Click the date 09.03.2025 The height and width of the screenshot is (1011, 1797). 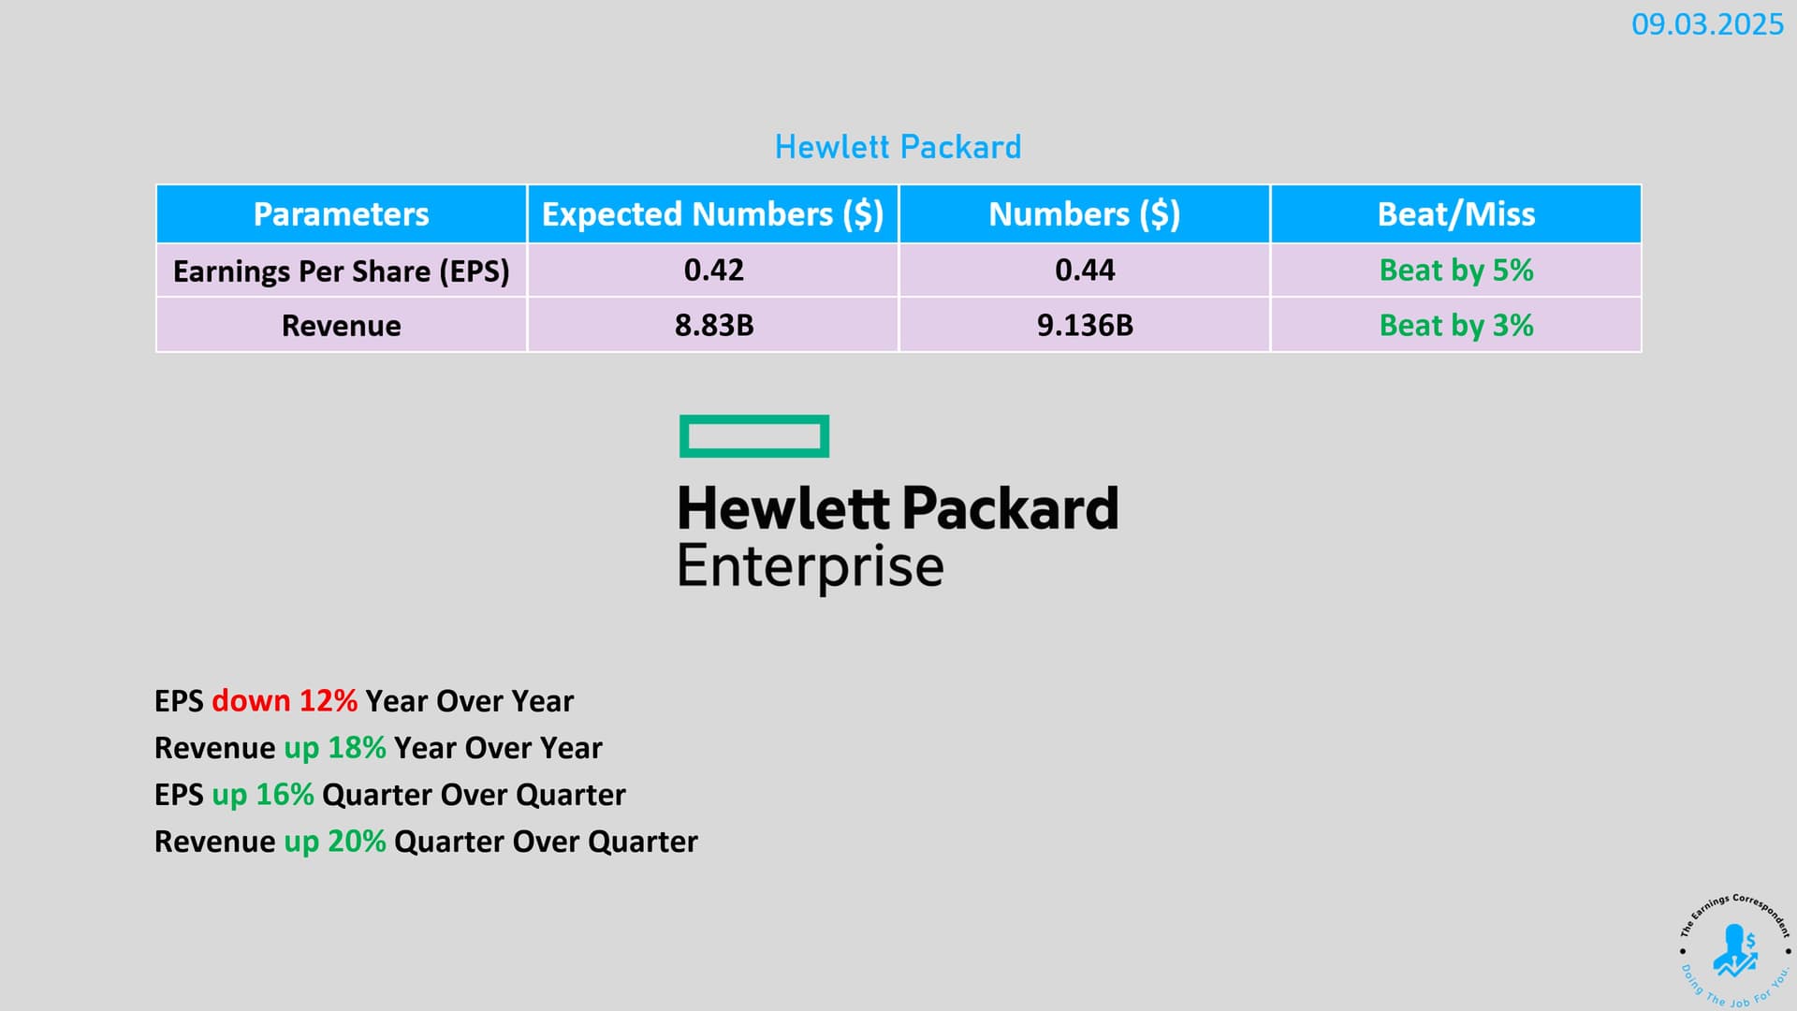tap(1707, 24)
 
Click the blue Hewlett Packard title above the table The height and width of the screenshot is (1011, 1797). tap(898, 147)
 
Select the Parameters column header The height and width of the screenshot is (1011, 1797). tap(342, 214)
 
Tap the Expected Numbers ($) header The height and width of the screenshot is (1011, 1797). tap(713, 214)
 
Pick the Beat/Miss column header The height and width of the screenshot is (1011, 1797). tap(1456, 214)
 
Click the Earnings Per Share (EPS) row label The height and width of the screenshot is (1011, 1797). tap(342, 271)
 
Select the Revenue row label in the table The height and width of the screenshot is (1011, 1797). tap(342, 326)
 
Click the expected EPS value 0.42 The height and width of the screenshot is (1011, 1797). tap(714, 271)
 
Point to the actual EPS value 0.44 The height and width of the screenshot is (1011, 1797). tap(1085, 271)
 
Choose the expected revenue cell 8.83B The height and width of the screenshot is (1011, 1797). tap(714, 326)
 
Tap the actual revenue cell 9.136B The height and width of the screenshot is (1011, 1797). tap(1085, 326)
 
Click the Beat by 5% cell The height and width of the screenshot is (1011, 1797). tap(1456, 271)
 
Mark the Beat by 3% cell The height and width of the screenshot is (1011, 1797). tap(1456, 326)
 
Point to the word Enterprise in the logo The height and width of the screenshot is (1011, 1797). tap(811, 567)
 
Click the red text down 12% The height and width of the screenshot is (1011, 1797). tap(285, 701)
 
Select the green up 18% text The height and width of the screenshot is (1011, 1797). tap(335, 748)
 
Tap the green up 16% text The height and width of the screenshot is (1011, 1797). tap(263, 795)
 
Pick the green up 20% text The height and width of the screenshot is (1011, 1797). tap(335, 842)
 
